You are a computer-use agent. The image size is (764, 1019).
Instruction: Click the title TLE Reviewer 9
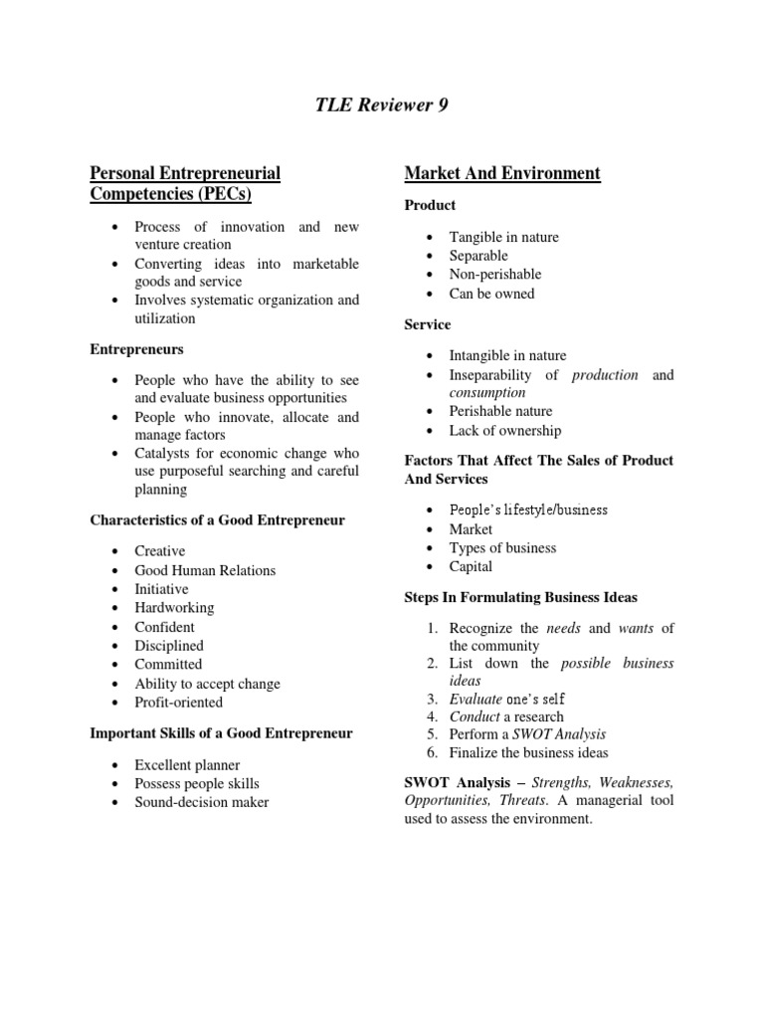(x=382, y=105)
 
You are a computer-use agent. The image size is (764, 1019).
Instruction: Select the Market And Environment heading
(x=502, y=173)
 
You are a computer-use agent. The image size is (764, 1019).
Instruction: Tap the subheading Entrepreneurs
(x=136, y=349)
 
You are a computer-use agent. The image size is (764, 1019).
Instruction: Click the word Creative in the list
(x=160, y=551)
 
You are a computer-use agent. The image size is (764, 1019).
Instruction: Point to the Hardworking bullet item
(x=174, y=608)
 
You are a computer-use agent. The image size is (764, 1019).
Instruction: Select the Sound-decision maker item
(x=202, y=802)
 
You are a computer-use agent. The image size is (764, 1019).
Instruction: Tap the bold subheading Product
(x=430, y=205)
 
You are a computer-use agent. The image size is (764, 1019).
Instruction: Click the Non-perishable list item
(x=495, y=275)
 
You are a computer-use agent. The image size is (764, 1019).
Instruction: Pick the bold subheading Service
(x=428, y=324)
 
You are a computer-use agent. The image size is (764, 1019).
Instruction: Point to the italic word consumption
(x=487, y=393)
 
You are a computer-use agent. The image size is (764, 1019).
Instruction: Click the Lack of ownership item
(x=505, y=431)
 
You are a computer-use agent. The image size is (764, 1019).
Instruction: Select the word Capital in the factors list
(x=471, y=567)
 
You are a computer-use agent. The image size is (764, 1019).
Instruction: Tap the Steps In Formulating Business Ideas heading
(x=521, y=598)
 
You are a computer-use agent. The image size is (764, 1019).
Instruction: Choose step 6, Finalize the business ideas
(x=528, y=753)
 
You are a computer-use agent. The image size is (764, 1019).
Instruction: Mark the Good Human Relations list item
(x=205, y=570)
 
